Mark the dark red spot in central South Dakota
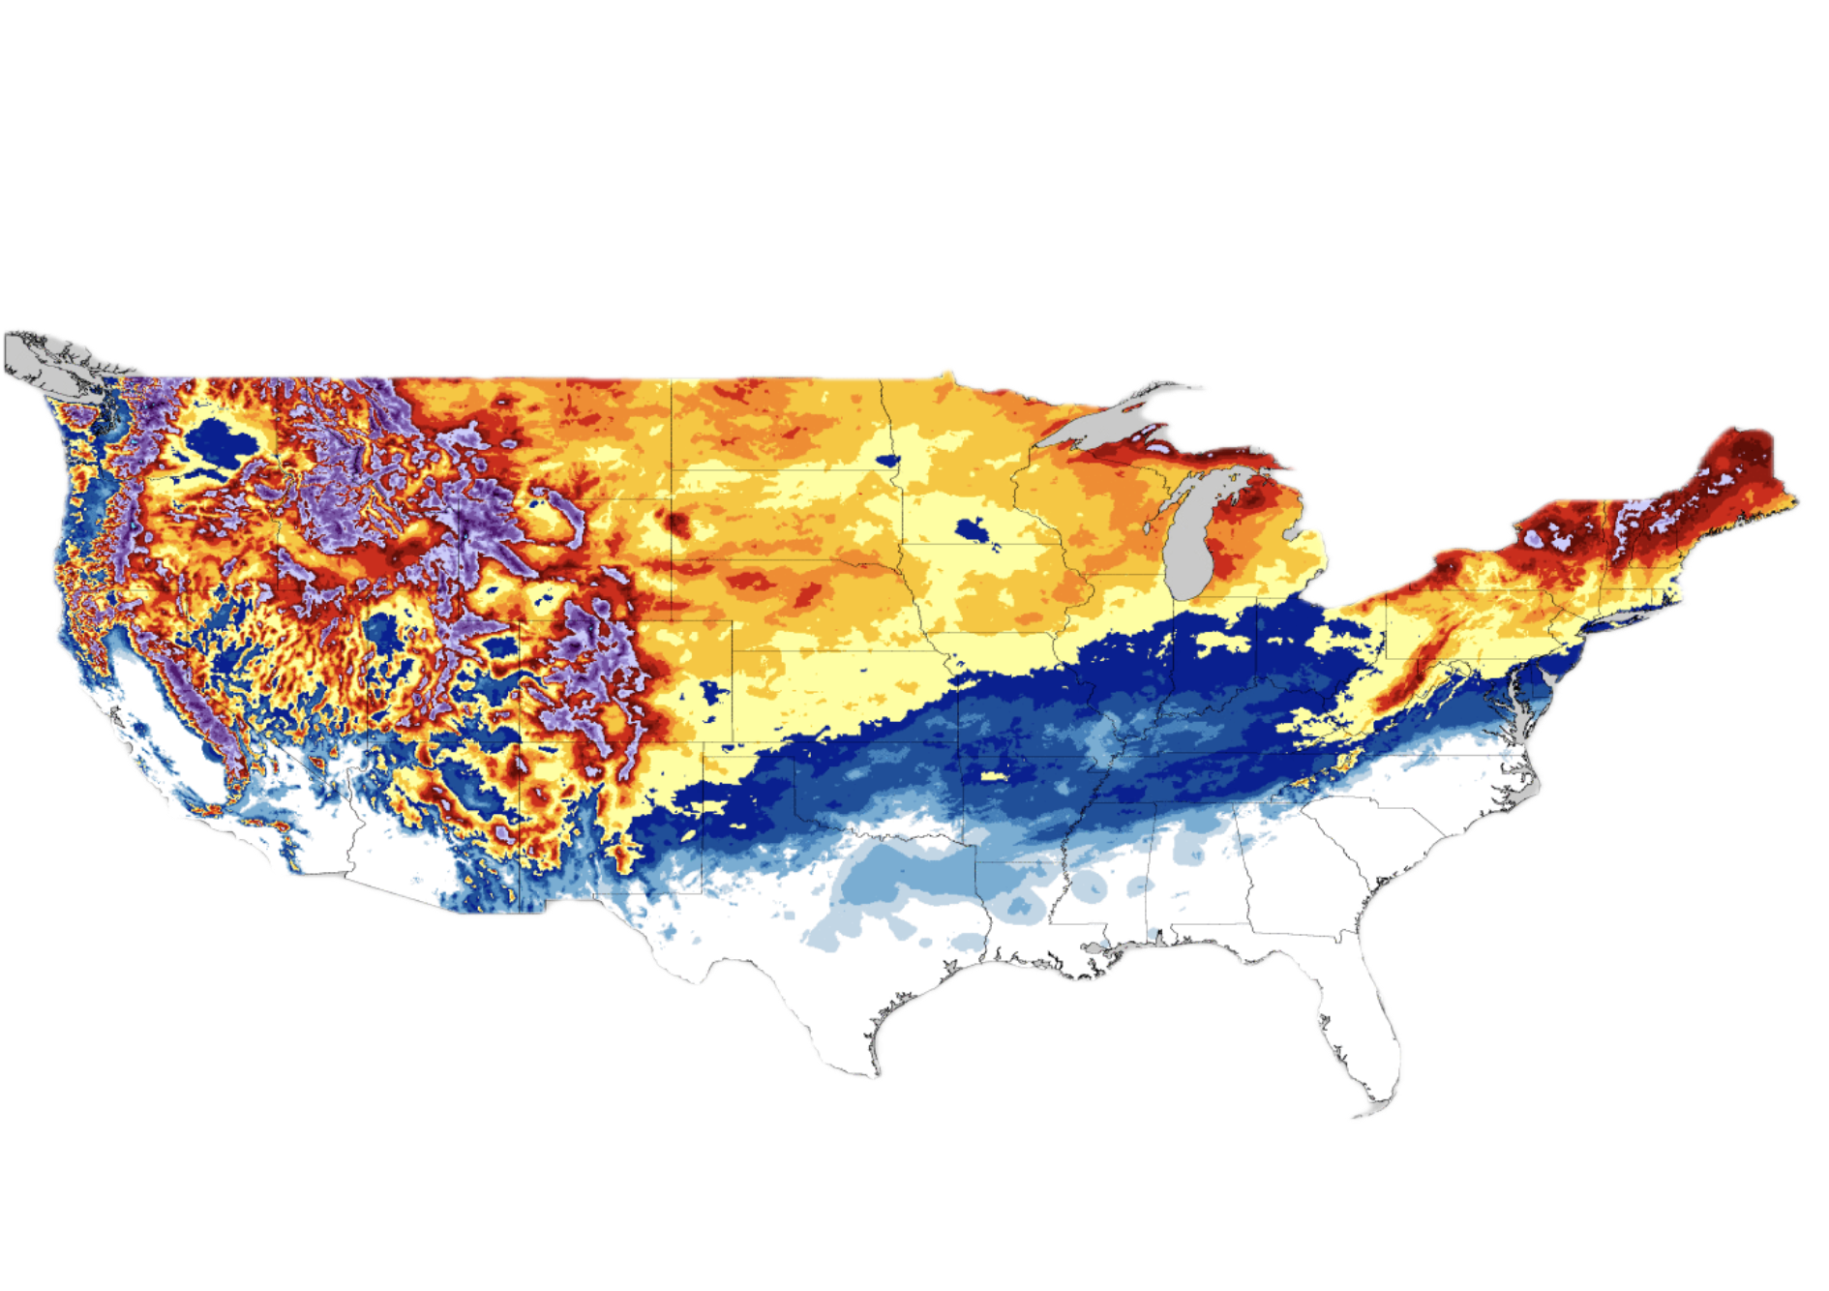pos(675,524)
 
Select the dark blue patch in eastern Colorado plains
pos(714,691)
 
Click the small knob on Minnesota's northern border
pos(947,372)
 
